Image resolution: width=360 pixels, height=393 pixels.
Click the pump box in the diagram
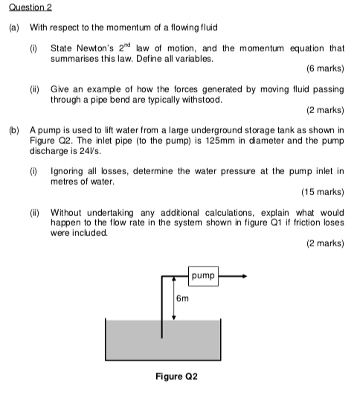click(203, 276)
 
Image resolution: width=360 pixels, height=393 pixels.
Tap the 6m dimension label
click(183, 298)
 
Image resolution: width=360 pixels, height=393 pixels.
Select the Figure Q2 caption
click(176, 376)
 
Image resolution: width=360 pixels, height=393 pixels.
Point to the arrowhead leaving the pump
click(241, 276)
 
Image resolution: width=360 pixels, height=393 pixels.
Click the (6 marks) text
click(324, 69)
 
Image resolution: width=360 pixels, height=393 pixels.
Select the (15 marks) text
click(322, 191)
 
